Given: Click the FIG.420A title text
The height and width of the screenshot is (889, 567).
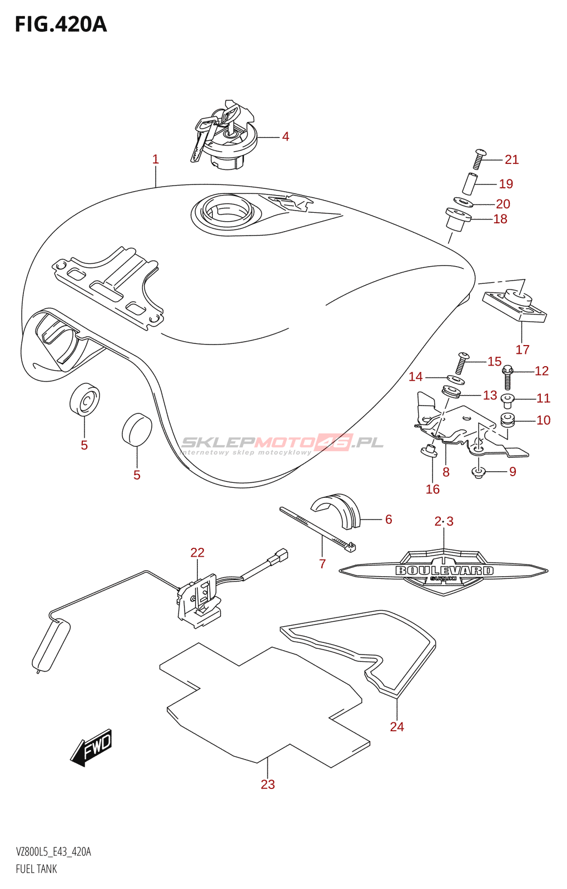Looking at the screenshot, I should [x=61, y=24].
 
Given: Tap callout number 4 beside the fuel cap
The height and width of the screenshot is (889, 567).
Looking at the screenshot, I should [x=285, y=137].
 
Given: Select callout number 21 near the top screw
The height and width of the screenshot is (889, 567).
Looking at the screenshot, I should [x=511, y=160].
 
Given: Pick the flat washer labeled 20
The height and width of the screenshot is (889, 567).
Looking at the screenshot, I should [x=462, y=202].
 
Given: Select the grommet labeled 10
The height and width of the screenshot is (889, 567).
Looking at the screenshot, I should [x=507, y=419].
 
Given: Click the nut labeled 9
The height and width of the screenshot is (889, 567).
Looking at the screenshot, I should [x=479, y=473].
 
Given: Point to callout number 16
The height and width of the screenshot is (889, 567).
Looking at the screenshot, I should [x=432, y=490].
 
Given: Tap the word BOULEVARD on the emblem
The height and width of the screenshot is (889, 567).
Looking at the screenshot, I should [x=444, y=571].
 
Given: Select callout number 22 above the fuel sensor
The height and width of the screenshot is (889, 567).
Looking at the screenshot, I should [x=197, y=553].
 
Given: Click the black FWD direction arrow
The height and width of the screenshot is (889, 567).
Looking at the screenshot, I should [x=92, y=747].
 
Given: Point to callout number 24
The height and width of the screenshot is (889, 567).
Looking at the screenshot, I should [x=397, y=727].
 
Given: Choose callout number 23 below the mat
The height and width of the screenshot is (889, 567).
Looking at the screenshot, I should [x=268, y=785].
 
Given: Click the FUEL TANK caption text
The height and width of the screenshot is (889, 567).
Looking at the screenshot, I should [x=37, y=869].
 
